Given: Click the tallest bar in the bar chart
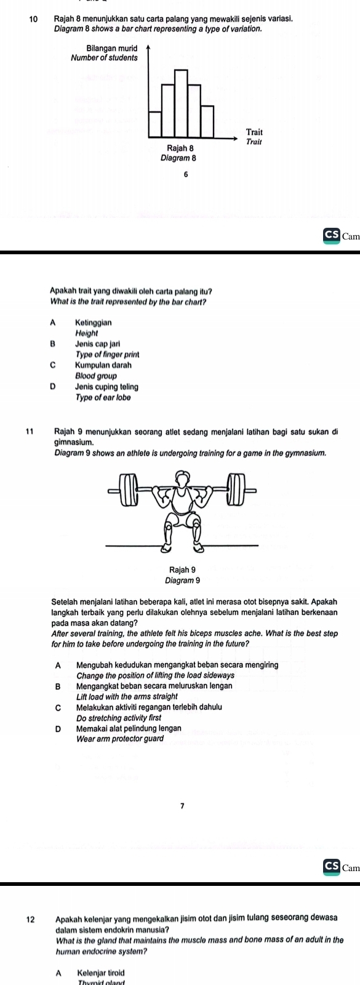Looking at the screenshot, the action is [181, 100].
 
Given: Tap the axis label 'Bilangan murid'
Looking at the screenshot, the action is [112, 47].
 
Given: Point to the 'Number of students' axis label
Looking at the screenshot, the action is [104, 57].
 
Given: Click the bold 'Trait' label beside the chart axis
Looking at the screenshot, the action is [255, 132].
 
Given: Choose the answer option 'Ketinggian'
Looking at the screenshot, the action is [94, 323].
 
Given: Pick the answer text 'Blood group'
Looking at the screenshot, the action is [96, 376].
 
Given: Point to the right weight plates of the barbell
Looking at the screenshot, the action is [235, 489].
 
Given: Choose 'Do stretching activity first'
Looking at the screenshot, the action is [119, 718].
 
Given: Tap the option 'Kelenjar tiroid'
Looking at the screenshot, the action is [101, 973].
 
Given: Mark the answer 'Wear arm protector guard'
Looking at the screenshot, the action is [120, 739].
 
